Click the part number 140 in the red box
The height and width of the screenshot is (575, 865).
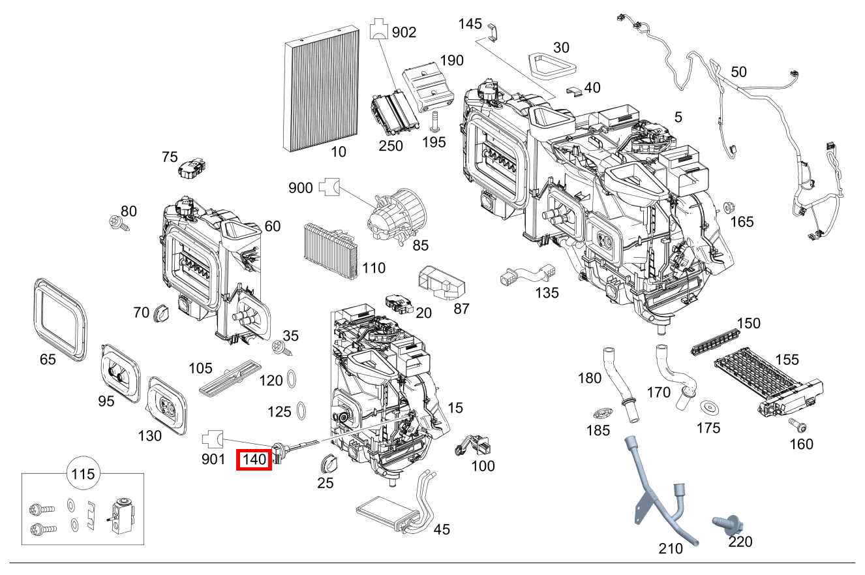(254, 459)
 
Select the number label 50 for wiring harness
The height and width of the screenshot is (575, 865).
(738, 72)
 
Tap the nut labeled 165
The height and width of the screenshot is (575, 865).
(726, 208)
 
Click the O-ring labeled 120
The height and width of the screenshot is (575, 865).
(293, 379)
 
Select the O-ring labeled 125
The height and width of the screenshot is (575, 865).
(302, 410)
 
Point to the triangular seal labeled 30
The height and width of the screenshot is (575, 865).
(551, 65)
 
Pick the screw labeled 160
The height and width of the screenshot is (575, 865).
(797, 425)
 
